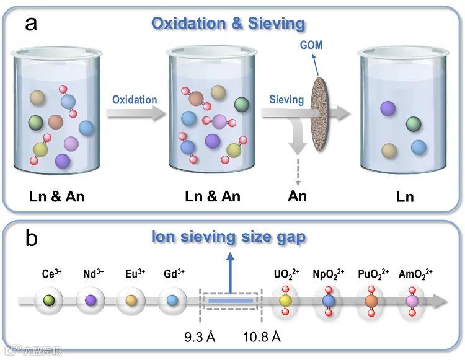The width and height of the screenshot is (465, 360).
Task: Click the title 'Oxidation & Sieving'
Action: (x=229, y=24)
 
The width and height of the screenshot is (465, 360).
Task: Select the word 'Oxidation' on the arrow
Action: (x=135, y=100)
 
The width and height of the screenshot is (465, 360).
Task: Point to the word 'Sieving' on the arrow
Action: (x=286, y=100)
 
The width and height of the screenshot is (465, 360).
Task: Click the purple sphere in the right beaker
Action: (x=388, y=108)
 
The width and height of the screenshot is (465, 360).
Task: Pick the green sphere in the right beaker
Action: (x=414, y=124)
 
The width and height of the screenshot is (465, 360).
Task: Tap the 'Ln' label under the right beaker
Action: (x=405, y=198)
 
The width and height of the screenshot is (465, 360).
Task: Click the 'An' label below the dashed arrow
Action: (x=298, y=197)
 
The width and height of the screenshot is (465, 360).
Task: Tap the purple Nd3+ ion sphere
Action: (x=91, y=301)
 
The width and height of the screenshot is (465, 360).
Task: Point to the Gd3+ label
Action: (x=174, y=274)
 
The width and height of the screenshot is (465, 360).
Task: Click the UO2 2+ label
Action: (x=286, y=274)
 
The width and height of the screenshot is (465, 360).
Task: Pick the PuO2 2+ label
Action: (x=371, y=274)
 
